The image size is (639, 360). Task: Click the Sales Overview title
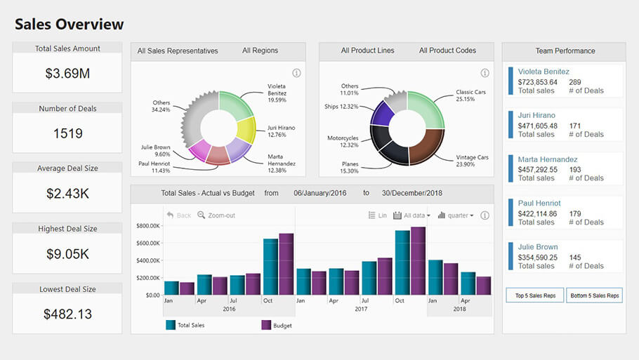[x=69, y=25]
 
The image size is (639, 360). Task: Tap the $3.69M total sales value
[x=67, y=73]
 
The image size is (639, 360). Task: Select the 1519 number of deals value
[x=67, y=133]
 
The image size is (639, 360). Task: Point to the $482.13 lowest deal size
[x=67, y=314]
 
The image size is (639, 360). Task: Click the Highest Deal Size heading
[x=67, y=229]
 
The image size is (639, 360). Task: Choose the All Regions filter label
[x=260, y=51]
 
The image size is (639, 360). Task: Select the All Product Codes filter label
[x=447, y=51]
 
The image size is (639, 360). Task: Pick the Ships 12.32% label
[x=341, y=107]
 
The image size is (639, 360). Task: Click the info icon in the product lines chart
[x=485, y=73]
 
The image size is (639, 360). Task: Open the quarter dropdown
[x=456, y=215]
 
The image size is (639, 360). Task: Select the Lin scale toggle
[x=378, y=215]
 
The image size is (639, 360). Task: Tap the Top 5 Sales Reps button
[x=535, y=295]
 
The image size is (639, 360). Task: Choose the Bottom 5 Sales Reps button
[x=594, y=295]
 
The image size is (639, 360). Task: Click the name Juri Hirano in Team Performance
[x=536, y=115]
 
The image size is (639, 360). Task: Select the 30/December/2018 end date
[x=412, y=193]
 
